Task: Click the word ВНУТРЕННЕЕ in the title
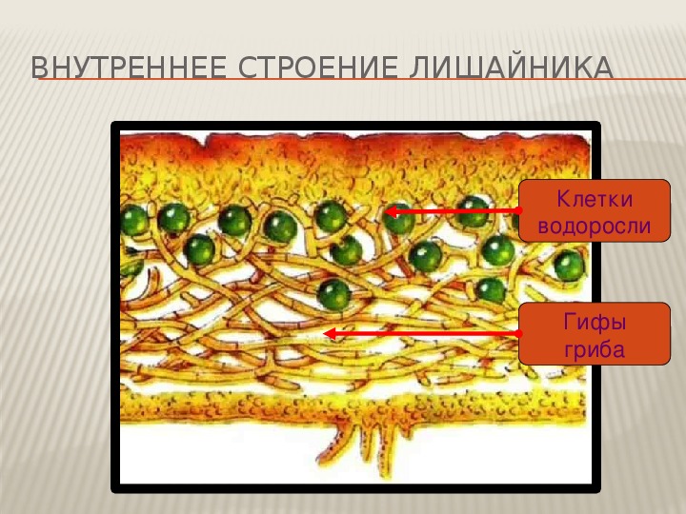[129, 68]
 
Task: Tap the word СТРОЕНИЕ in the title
[318, 68]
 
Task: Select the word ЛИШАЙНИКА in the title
[511, 68]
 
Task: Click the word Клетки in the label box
[595, 199]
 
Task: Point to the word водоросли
[595, 227]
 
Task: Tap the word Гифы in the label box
[595, 323]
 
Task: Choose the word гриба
[595, 349]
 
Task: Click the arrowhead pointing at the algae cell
[391, 211]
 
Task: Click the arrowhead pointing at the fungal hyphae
[330, 334]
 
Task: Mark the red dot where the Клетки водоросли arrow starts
[519, 210]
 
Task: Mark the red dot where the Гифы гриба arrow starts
[519, 333]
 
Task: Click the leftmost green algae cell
[133, 220]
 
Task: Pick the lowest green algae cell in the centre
[334, 294]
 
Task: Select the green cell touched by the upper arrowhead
[399, 219]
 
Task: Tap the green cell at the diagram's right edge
[569, 266]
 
